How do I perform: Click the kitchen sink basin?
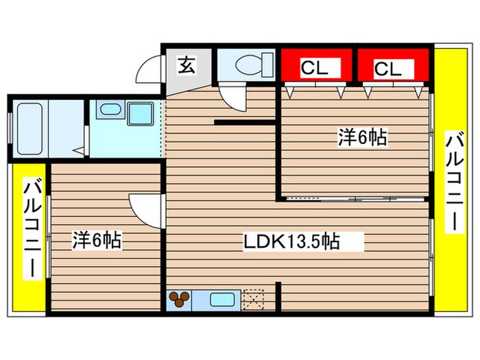[x=222, y=300]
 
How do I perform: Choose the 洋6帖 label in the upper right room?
[x=361, y=137]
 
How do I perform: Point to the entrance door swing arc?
[x=149, y=69]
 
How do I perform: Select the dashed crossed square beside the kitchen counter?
[x=253, y=300]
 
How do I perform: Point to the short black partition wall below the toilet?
[x=245, y=122]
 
